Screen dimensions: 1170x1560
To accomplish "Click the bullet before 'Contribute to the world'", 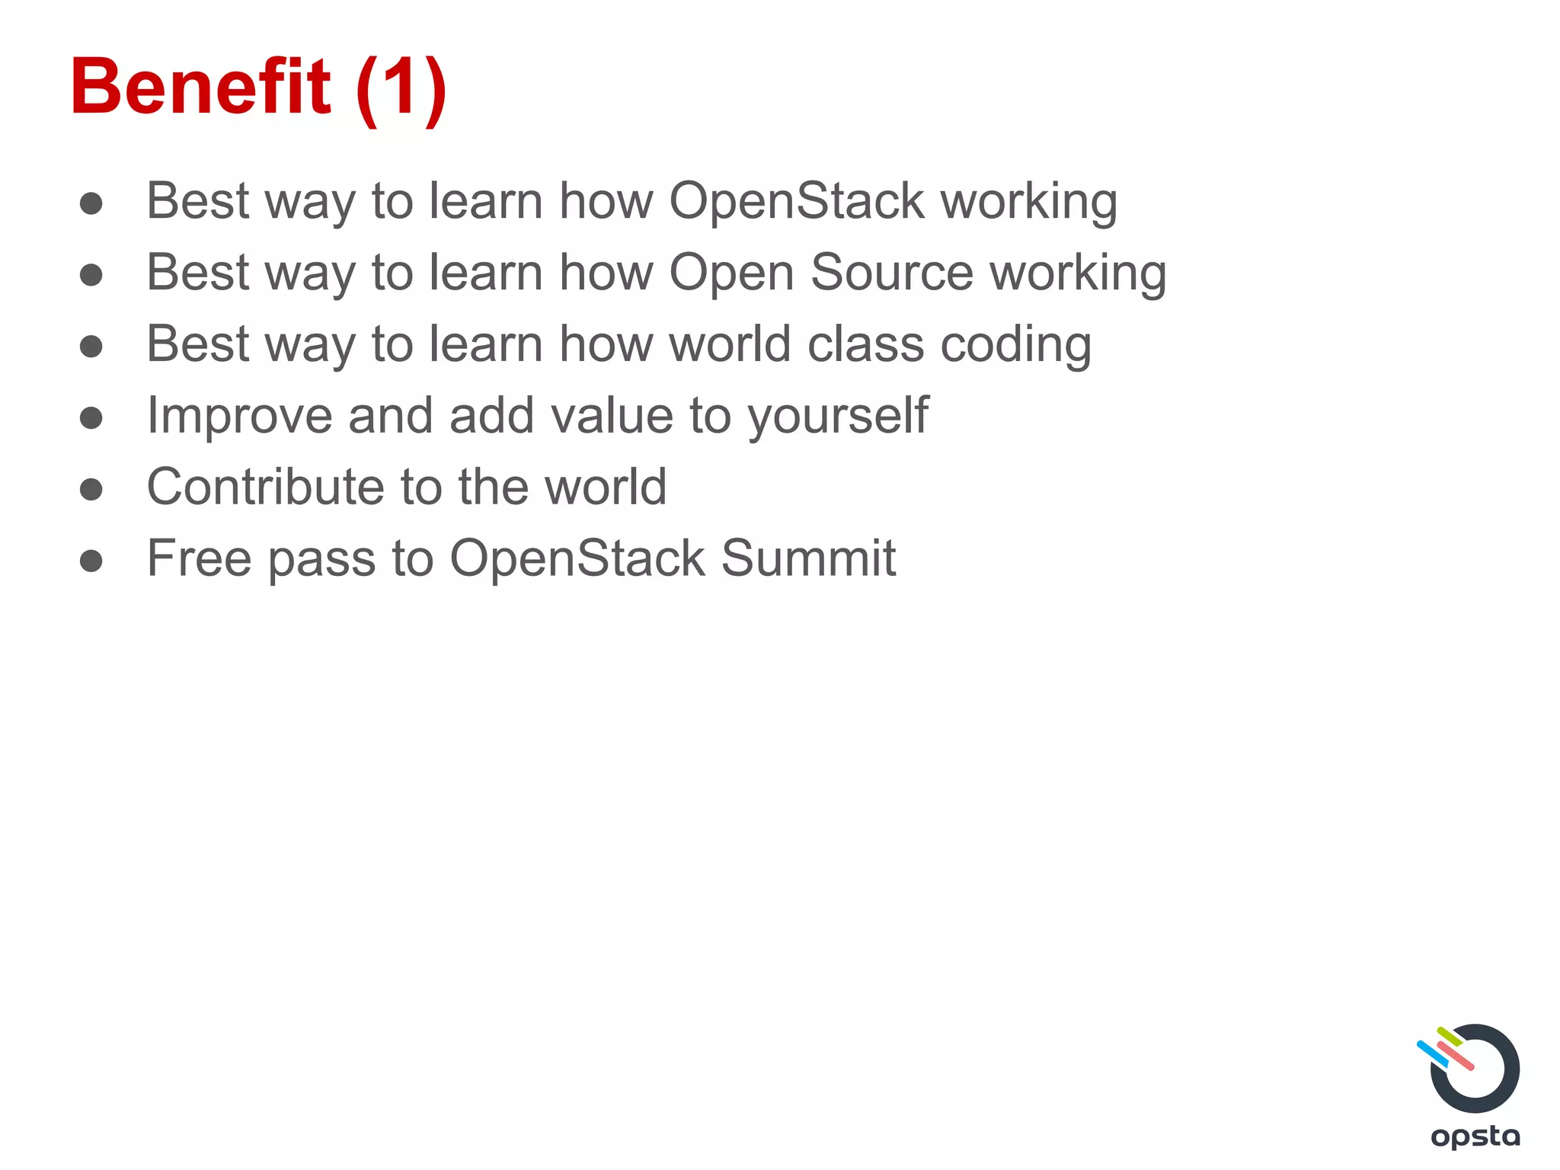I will click(91, 489).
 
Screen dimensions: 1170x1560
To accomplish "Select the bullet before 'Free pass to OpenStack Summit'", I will click(91, 561).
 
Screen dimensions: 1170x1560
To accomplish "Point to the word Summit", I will click(808, 558).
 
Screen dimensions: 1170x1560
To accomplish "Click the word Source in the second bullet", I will click(891, 273).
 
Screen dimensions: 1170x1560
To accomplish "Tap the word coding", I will click(1015, 345).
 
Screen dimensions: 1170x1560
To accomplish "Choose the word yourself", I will click(838, 417).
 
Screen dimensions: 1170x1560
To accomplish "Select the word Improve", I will click(239, 417).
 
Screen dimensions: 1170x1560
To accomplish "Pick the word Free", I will click(199, 558).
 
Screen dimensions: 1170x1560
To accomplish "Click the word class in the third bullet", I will click(866, 344).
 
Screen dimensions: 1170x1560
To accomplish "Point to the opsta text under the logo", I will click(1475, 1136).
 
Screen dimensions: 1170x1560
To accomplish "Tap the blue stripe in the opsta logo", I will click(1431, 1053).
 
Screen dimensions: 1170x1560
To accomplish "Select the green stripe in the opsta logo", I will click(1449, 1036).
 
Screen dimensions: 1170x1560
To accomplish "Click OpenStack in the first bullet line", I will click(797, 201).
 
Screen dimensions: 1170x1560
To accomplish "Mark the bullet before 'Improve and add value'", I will click(91, 417).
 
